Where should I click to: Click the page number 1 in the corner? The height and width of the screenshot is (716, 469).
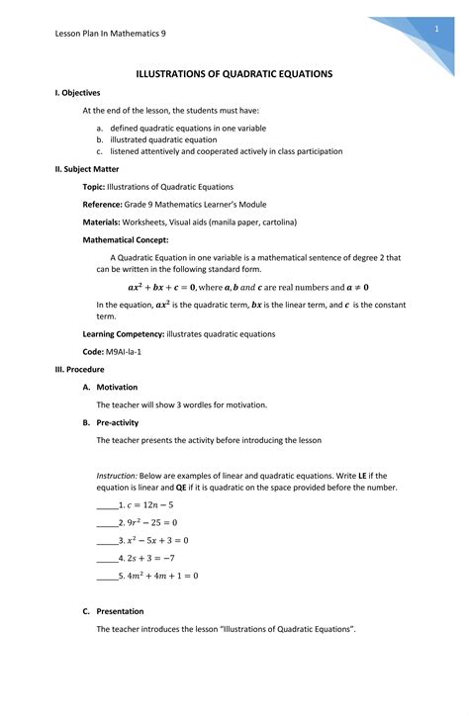pos(435,31)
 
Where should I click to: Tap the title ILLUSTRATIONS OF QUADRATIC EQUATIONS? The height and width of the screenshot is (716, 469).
pos(234,74)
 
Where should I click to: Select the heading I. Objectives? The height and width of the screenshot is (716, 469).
pos(77,92)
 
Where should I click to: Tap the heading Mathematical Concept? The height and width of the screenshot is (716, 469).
pos(126,239)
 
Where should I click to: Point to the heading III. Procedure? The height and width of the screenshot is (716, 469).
pos(79,369)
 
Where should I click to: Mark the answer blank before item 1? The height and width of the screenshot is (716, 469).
pos(106,505)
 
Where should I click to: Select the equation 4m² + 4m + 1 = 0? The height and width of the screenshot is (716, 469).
pos(163,576)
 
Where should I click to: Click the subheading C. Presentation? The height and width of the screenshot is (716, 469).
pos(120,611)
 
